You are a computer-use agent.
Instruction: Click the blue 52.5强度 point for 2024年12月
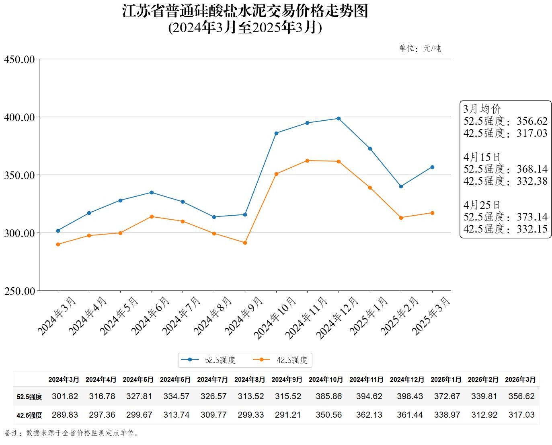point(339,119)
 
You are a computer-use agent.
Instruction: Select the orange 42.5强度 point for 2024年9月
point(245,243)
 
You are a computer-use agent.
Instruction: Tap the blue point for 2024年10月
point(276,133)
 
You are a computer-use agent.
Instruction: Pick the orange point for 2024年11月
point(307,161)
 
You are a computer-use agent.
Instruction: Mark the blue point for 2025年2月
point(401,186)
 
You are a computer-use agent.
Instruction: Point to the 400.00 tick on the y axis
point(19,117)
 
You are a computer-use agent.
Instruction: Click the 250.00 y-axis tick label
point(19,291)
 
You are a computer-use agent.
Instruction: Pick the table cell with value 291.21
point(288,415)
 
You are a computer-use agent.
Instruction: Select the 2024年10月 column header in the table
point(326,379)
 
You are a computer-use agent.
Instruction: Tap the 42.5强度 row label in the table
point(29,415)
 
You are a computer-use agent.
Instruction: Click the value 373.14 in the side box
point(532,217)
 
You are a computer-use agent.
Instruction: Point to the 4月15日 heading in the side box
point(482,157)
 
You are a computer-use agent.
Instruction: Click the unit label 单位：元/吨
point(420,49)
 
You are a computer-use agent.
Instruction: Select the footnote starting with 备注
point(72,433)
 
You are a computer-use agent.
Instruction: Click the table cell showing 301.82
point(65,396)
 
